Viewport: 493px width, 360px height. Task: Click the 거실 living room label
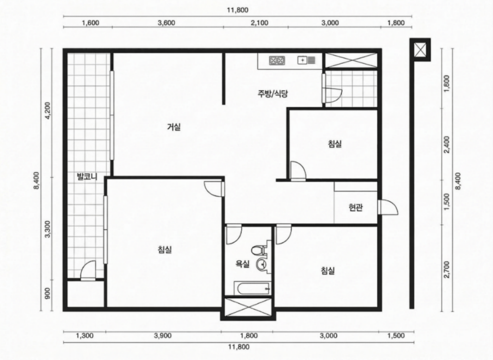coord(174,127)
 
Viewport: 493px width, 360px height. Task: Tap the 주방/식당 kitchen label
coord(273,94)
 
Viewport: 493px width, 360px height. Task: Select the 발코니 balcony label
coord(87,177)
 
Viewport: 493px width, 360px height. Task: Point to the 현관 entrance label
coord(356,207)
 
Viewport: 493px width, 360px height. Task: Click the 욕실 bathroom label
coord(243,264)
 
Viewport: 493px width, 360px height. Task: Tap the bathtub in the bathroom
coord(252,289)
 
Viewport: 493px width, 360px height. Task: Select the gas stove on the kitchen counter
coord(277,60)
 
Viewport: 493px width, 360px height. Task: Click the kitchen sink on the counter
coord(307,60)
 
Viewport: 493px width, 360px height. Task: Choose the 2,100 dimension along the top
coord(260,23)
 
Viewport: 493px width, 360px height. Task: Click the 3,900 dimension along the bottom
coord(163,335)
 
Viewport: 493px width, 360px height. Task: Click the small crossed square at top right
coord(420,50)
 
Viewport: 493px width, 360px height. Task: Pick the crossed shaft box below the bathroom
coord(248,307)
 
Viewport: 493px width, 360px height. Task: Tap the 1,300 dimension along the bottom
coord(85,335)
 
